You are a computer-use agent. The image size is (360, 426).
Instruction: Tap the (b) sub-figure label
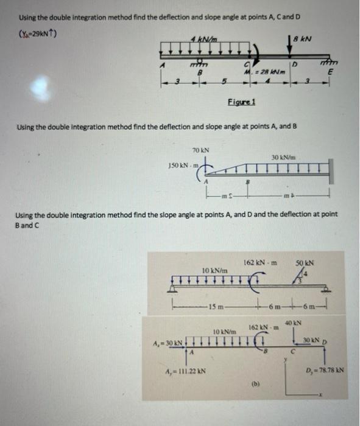[x=255, y=384]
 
